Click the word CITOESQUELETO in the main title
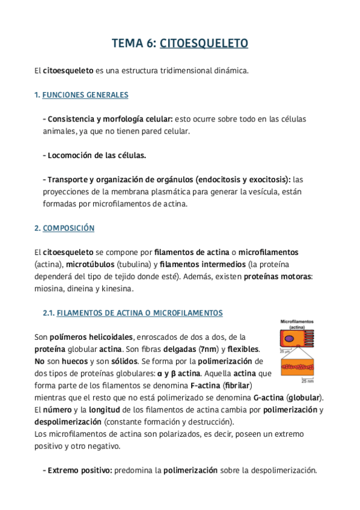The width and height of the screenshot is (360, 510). pos(204,43)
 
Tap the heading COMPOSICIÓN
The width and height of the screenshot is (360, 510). pos(69,229)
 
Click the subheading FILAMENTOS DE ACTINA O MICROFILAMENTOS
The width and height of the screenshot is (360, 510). pos(139,313)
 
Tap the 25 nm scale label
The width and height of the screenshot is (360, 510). pos(307,381)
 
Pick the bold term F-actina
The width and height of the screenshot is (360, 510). pos(205,385)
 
